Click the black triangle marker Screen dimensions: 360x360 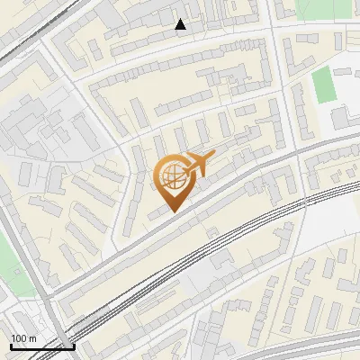(181, 24)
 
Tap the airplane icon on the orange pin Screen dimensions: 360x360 (196, 165)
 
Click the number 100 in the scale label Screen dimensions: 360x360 (20, 338)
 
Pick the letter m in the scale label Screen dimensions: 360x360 (32, 338)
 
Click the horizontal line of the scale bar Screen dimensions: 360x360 (40, 346)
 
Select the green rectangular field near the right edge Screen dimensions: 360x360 (323, 85)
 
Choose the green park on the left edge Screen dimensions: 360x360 (7, 266)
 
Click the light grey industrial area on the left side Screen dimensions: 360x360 (36, 135)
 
